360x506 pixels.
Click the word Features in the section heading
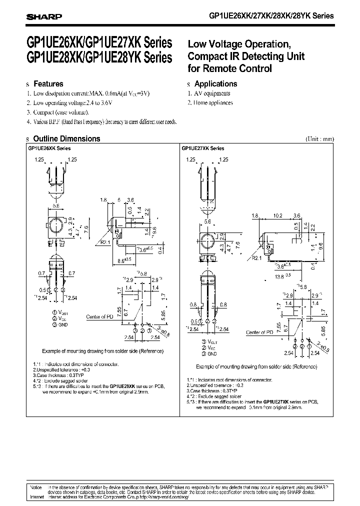48,84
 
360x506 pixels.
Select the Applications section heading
215,84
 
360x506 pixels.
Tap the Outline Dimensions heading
66,139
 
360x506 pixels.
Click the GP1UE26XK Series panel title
49,148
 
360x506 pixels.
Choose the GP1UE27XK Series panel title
203,148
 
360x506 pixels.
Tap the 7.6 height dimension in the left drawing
85,229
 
